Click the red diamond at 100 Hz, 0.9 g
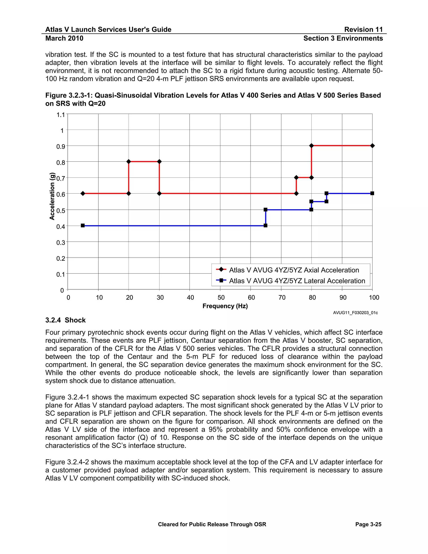372,146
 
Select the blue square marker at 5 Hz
83,226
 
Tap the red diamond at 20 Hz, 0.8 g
129,162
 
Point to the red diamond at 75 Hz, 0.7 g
296,177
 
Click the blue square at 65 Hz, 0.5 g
265,209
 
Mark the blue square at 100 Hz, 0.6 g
372,193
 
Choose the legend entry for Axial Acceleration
294,270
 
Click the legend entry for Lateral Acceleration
297,281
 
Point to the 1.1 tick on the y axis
61,115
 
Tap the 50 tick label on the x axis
221,297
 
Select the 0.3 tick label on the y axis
61,243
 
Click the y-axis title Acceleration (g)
52,196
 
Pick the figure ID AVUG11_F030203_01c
355,313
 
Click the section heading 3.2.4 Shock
65,320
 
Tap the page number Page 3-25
368,524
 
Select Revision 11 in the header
363,29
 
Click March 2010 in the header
64,38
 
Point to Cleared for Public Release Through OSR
212,524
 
